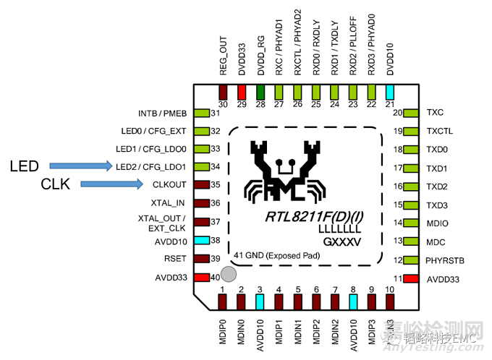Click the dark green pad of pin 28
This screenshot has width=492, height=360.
(x=260, y=92)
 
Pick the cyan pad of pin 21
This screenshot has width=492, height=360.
(x=391, y=92)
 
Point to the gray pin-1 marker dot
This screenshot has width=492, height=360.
(x=229, y=275)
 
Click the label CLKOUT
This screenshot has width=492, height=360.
(x=171, y=185)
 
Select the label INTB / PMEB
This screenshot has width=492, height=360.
(x=162, y=113)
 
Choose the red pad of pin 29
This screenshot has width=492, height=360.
(x=242, y=92)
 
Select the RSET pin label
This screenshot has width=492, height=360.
(x=175, y=259)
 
